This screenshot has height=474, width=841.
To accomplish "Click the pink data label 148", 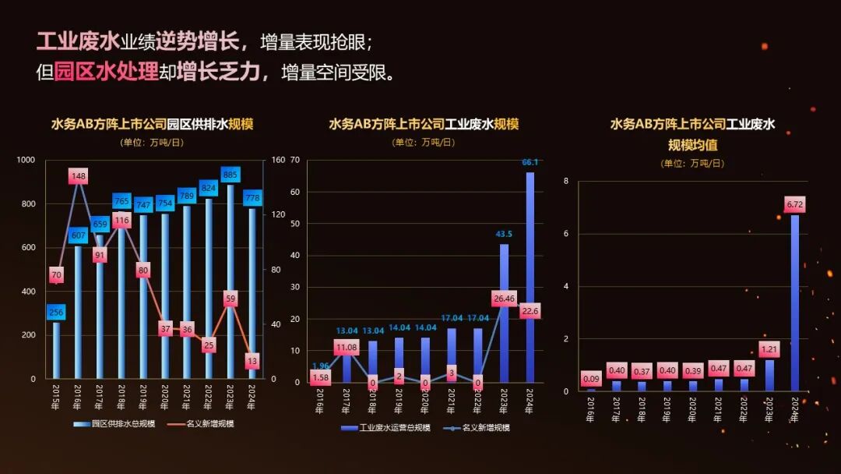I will point(78,176).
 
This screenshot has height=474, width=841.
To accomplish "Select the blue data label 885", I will point(230,175).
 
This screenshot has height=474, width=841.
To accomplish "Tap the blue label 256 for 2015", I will point(56,313).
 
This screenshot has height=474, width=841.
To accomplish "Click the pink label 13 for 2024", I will point(252,361).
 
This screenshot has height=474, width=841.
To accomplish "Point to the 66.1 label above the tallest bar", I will point(530,162).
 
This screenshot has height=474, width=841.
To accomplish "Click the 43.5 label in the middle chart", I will point(504,234).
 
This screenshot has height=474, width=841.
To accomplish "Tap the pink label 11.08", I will point(347,347).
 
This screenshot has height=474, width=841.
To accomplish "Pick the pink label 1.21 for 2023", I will point(769,349).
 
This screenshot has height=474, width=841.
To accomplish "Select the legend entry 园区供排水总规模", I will point(116,424).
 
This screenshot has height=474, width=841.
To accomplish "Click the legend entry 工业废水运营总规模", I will point(389,428).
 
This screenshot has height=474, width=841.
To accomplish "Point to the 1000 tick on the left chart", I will point(26,160).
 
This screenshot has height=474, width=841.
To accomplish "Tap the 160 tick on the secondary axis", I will point(279,160).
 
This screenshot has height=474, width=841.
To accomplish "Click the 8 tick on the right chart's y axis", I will point(566,181).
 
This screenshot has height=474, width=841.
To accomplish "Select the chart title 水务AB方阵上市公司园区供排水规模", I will point(152,124).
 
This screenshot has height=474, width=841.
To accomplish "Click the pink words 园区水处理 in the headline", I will point(107,72).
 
